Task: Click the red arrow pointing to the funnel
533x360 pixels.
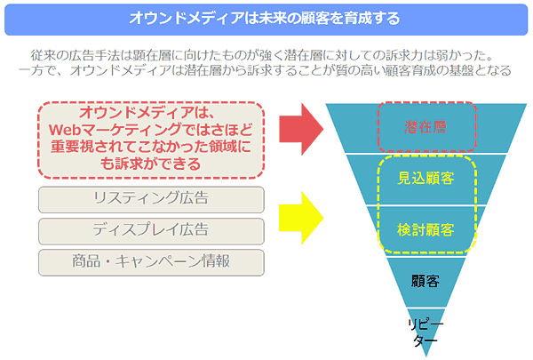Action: tap(301, 129)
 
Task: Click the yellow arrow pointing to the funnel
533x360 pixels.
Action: tap(301, 218)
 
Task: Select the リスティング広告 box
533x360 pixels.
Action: tap(151, 199)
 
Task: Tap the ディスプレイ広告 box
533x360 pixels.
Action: tap(151, 231)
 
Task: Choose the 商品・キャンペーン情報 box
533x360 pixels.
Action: tap(151, 262)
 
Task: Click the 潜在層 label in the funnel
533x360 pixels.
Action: tap(426, 127)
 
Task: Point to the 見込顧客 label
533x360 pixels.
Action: tap(426, 178)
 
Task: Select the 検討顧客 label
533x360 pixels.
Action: tap(426, 230)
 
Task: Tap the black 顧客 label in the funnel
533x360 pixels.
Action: tap(426, 281)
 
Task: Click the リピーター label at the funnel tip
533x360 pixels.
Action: tap(426, 332)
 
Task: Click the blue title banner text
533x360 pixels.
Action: tap(265, 18)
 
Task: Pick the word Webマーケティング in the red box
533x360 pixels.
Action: tap(115, 130)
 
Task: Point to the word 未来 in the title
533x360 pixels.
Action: tap(273, 18)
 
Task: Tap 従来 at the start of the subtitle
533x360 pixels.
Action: tap(44, 55)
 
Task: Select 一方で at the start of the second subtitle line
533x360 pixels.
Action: tap(37, 70)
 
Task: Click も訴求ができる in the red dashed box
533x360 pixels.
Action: tap(151, 164)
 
